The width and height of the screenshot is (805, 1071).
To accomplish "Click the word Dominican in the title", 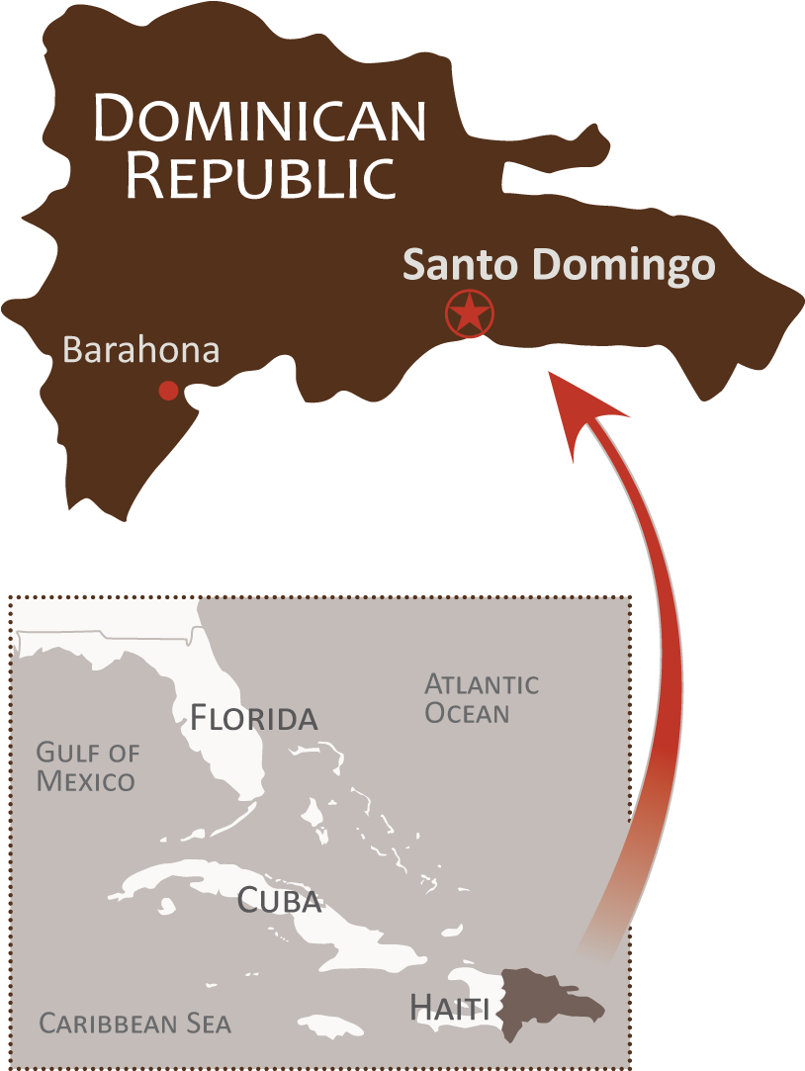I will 260,119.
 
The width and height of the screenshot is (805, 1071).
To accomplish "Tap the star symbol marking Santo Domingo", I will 469,314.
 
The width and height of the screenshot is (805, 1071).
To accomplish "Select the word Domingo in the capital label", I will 623,266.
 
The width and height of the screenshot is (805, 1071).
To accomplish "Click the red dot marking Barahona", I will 169,391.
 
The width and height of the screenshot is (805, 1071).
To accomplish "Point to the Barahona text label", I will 140,350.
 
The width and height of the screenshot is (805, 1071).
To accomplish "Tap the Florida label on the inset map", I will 253,717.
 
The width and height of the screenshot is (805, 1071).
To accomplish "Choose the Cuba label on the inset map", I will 280,901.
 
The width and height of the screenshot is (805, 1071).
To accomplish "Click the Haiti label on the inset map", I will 450,1008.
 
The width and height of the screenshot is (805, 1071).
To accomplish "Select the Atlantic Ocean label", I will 482,698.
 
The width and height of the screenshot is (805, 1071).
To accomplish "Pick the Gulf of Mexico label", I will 87,766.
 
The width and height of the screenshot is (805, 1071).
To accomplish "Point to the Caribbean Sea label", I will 134,1024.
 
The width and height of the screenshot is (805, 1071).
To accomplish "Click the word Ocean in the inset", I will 467,713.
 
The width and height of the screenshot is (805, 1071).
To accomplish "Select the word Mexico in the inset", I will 86,781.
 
